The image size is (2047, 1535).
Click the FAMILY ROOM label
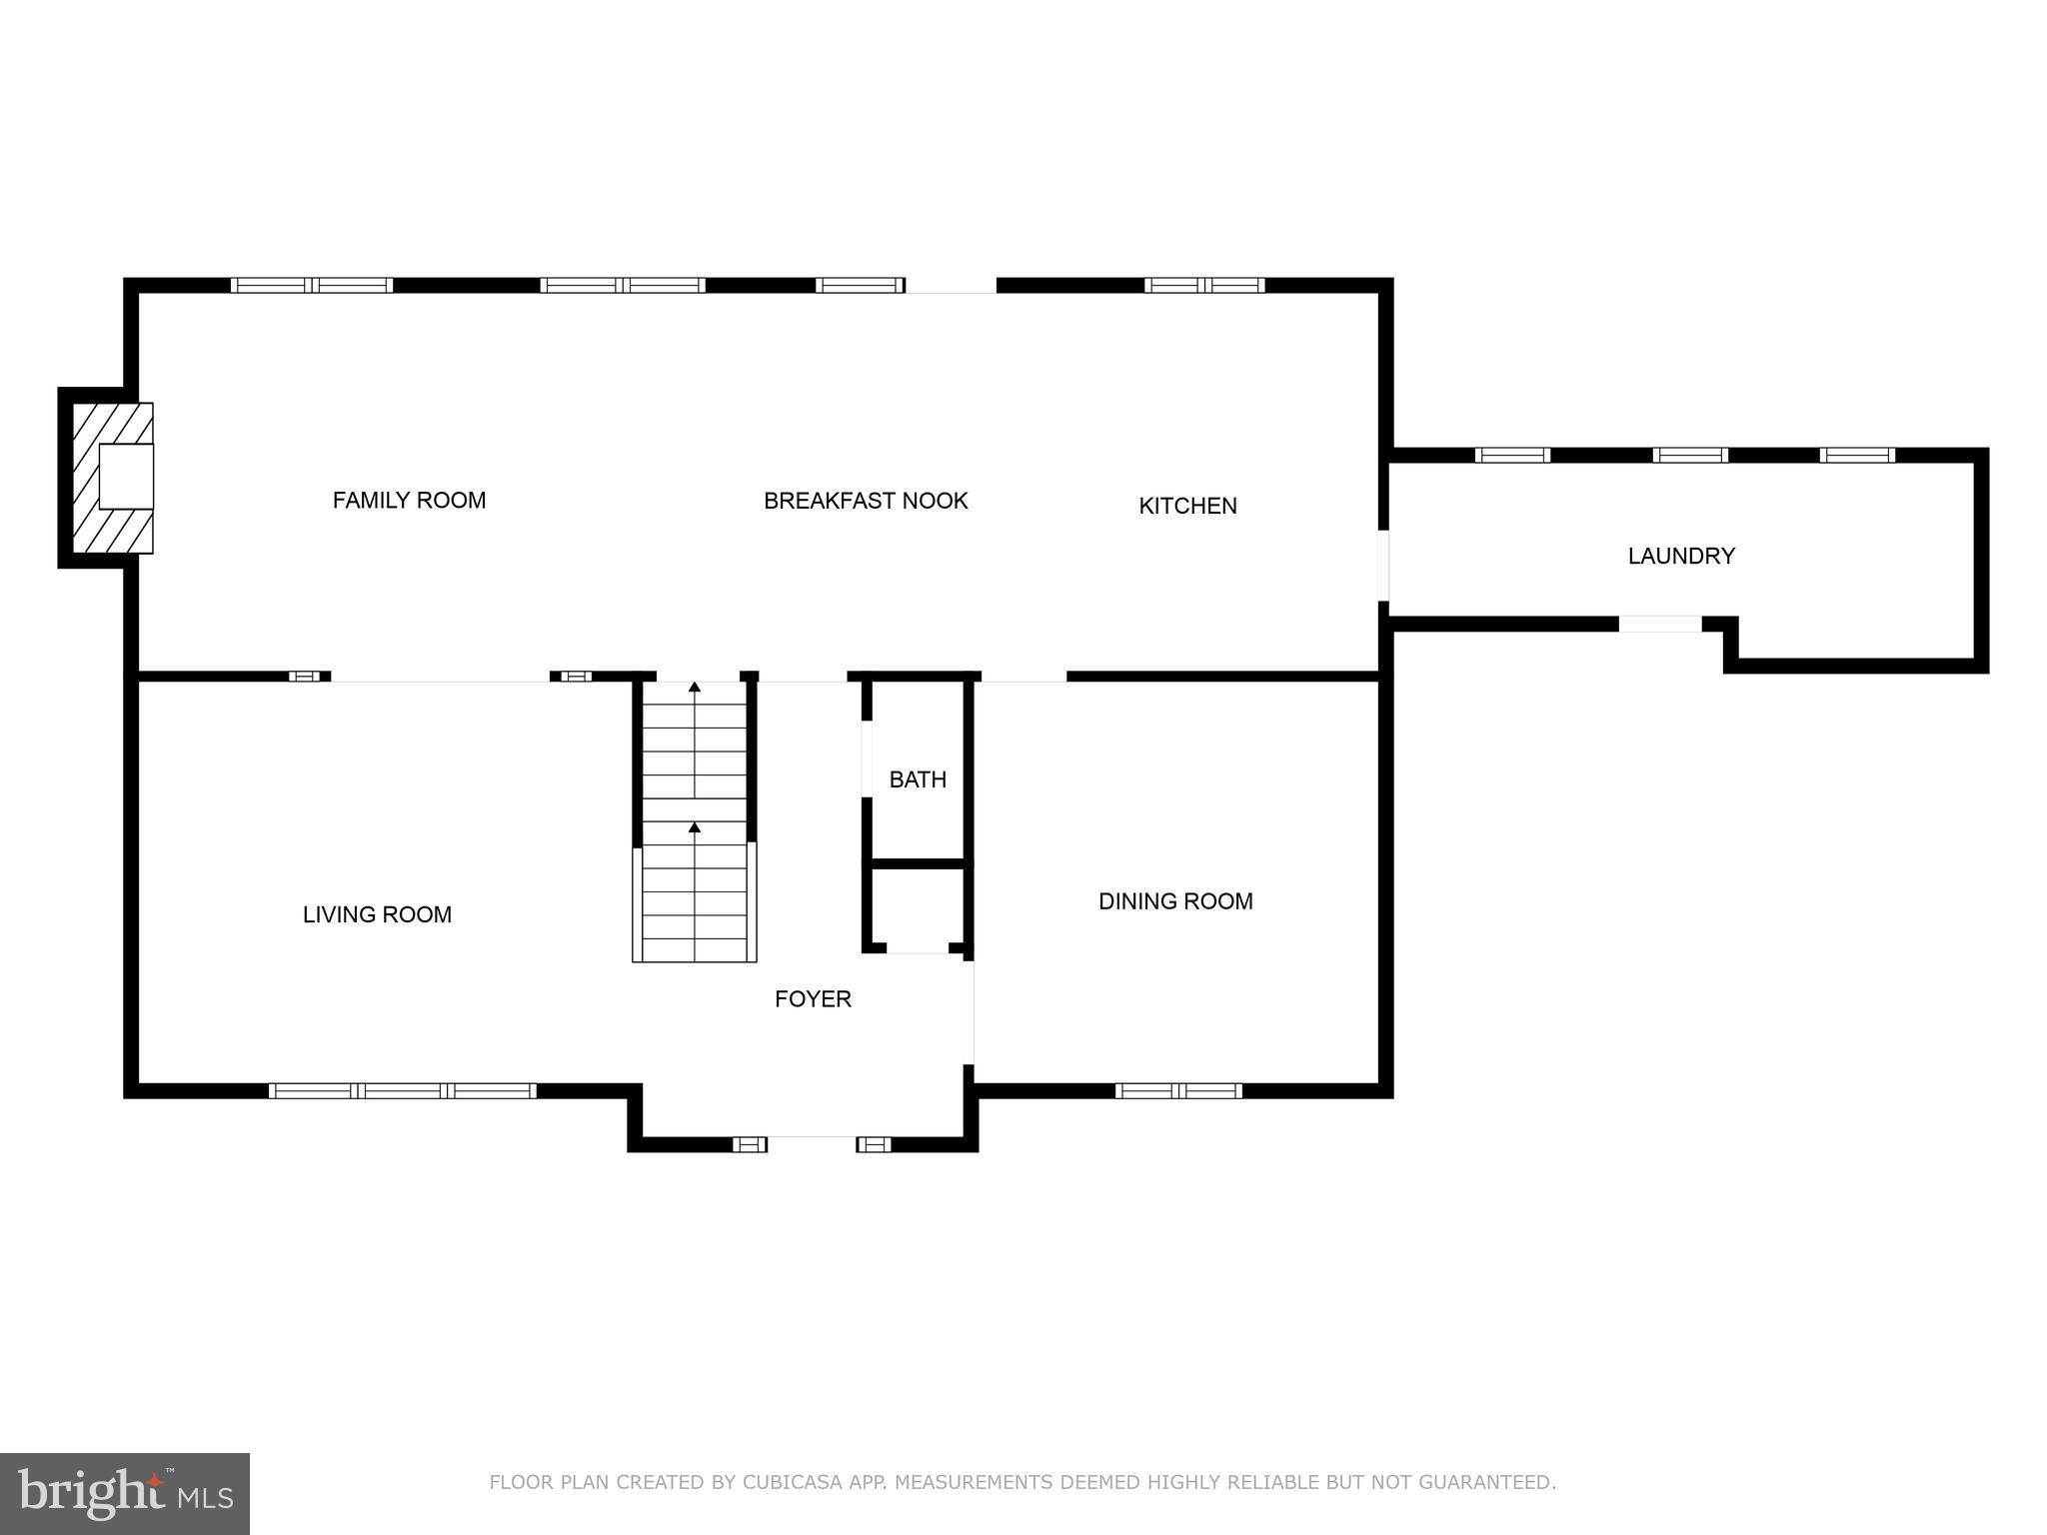click(409, 500)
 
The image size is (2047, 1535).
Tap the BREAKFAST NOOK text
click(866, 501)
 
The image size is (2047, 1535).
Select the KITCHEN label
click(1187, 506)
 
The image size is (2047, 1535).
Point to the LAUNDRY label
click(1681, 556)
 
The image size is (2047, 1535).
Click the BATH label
click(918, 779)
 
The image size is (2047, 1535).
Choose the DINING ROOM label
click(1175, 901)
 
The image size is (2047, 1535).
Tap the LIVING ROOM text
click(377, 914)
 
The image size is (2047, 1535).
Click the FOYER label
click(813, 998)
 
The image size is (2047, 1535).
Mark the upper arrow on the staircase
click(695, 688)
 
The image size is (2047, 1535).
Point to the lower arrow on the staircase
click(695, 827)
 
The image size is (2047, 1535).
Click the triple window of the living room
click(403, 1090)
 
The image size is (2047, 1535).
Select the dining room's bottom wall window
click(1178, 1090)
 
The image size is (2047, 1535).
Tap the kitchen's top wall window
click(1203, 285)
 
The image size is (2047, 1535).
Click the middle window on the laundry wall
click(1689, 455)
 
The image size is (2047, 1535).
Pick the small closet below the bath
click(918, 906)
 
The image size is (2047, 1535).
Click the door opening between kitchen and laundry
click(1383, 565)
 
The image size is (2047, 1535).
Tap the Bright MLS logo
click(124, 1493)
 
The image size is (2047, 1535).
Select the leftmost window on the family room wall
click(312, 285)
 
